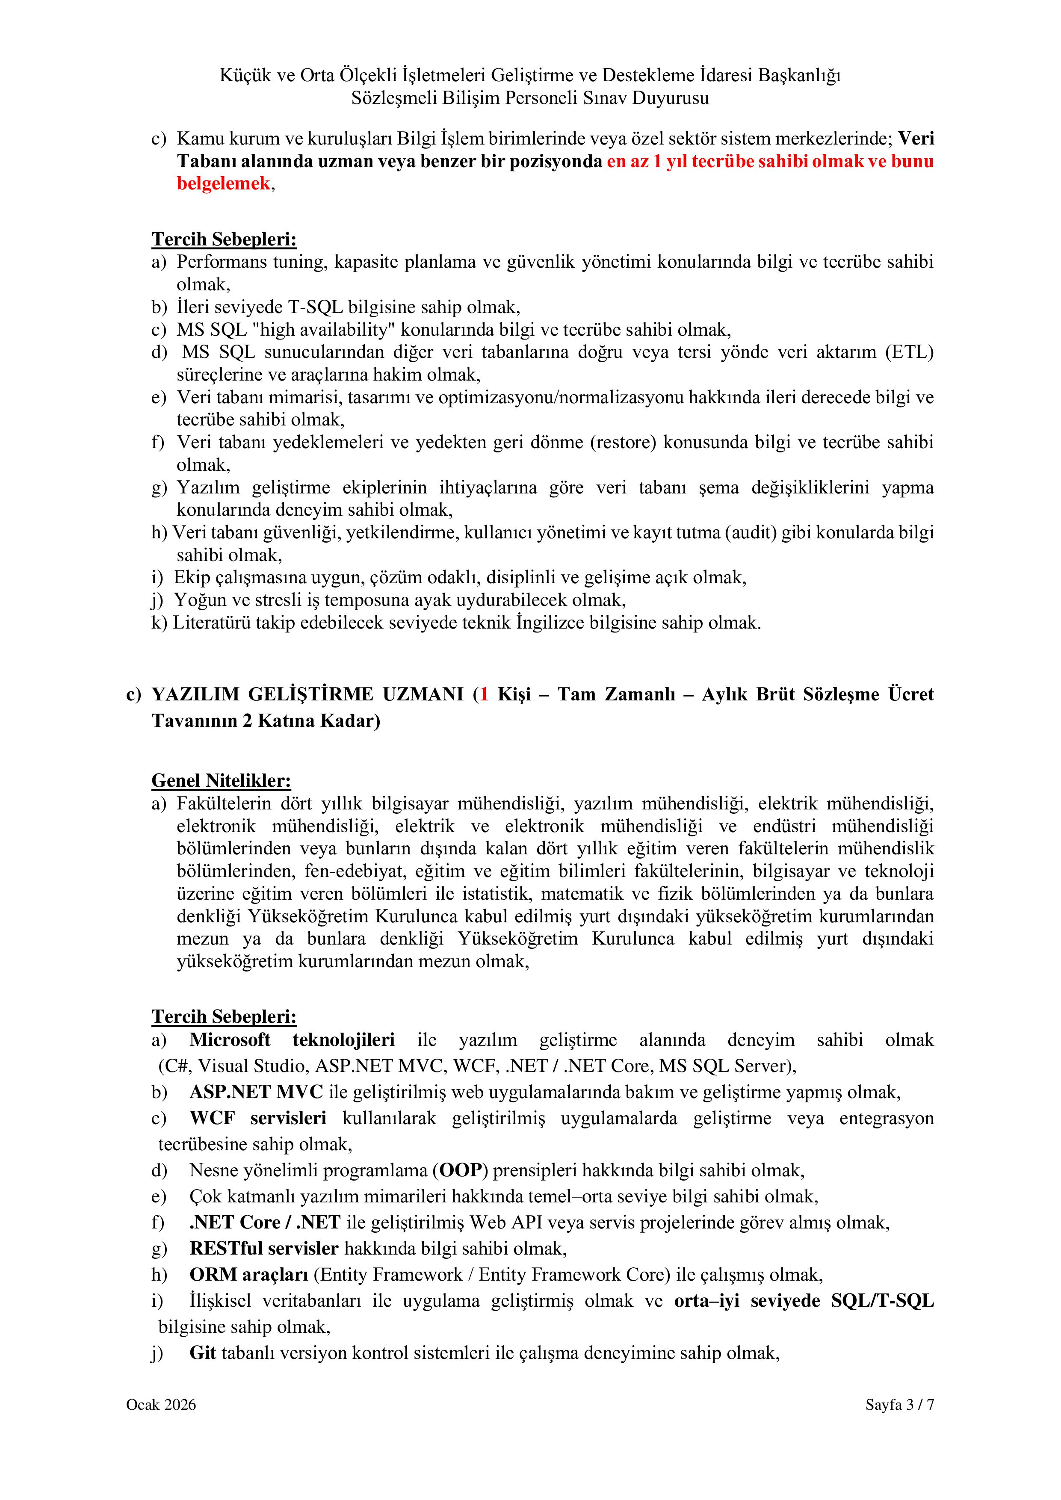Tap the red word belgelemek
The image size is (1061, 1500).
[x=223, y=183]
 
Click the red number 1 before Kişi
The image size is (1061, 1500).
[x=484, y=694]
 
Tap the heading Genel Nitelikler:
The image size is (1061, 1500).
[x=221, y=781]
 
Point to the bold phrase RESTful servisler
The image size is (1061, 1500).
[x=263, y=1249]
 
